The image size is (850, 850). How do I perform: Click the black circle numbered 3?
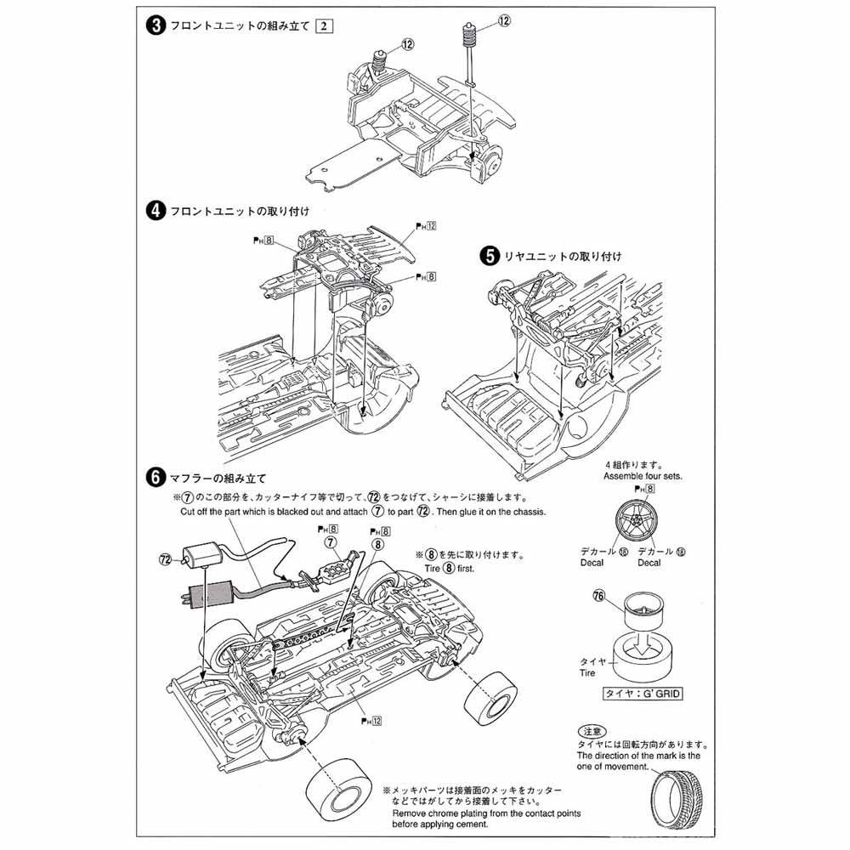tap(156, 26)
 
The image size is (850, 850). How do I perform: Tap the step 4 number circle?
tap(156, 211)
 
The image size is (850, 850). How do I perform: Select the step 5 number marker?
tap(490, 254)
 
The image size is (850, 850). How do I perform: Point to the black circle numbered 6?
tap(156, 478)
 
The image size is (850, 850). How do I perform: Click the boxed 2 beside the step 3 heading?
tap(322, 26)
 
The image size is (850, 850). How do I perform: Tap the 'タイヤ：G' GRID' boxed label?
tap(643, 693)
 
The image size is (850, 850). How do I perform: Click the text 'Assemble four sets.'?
tap(643, 477)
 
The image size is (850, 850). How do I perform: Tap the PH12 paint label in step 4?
tap(425, 226)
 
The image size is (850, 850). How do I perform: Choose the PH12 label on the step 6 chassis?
tap(371, 720)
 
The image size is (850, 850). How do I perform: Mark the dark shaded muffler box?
tap(201, 592)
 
